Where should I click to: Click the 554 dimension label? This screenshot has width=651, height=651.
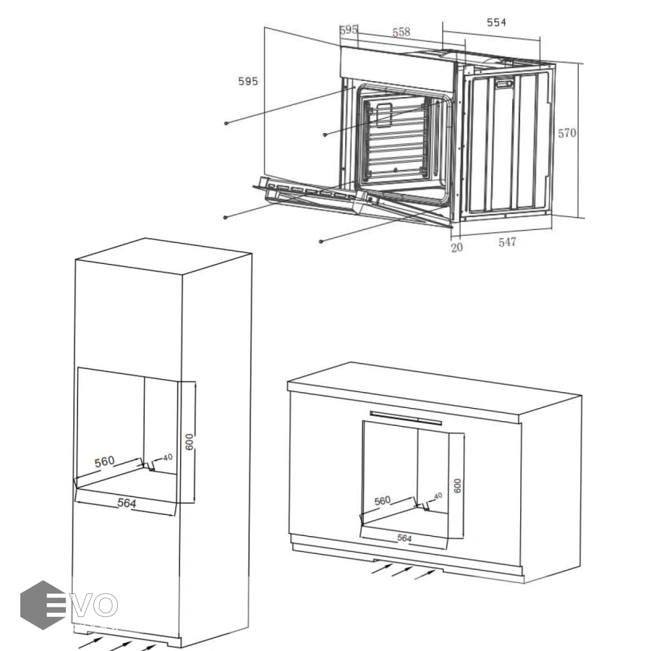pyautogui.click(x=496, y=22)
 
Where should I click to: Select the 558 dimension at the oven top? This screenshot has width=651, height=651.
pyautogui.click(x=401, y=32)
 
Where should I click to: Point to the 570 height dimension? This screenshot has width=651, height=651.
pyautogui.click(x=566, y=133)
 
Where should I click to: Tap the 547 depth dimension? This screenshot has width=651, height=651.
pyautogui.click(x=507, y=242)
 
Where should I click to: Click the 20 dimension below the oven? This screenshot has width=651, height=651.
pyautogui.click(x=456, y=247)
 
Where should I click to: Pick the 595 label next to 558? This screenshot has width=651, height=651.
pyautogui.click(x=349, y=30)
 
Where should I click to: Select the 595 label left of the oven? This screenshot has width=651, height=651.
pyautogui.click(x=248, y=81)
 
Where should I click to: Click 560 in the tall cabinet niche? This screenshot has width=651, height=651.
pyautogui.click(x=104, y=461)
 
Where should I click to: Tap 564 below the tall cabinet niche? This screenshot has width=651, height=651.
pyautogui.click(x=127, y=503)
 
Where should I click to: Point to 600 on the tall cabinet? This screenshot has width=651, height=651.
pyautogui.click(x=190, y=442)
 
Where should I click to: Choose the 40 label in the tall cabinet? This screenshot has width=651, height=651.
pyautogui.click(x=167, y=458)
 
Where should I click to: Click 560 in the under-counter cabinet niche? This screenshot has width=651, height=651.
pyautogui.click(x=383, y=501)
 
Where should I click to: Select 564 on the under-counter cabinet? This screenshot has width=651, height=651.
pyautogui.click(x=404, y=538)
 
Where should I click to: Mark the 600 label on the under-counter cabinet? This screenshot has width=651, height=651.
pyautogui.click(x=457, y=486)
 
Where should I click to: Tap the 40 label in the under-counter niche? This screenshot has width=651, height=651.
pyautogui.click(x=438, y=495)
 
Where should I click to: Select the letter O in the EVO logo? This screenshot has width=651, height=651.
pyautogui.click(x=104, y=605)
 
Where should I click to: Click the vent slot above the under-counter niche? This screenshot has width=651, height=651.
pyautogui.click(x=406, y=417)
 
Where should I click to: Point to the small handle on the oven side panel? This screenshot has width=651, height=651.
pyautogui.click(x=504, y=85)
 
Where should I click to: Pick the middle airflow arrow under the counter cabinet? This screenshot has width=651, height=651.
pyautogui.click(x=401, y=571)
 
